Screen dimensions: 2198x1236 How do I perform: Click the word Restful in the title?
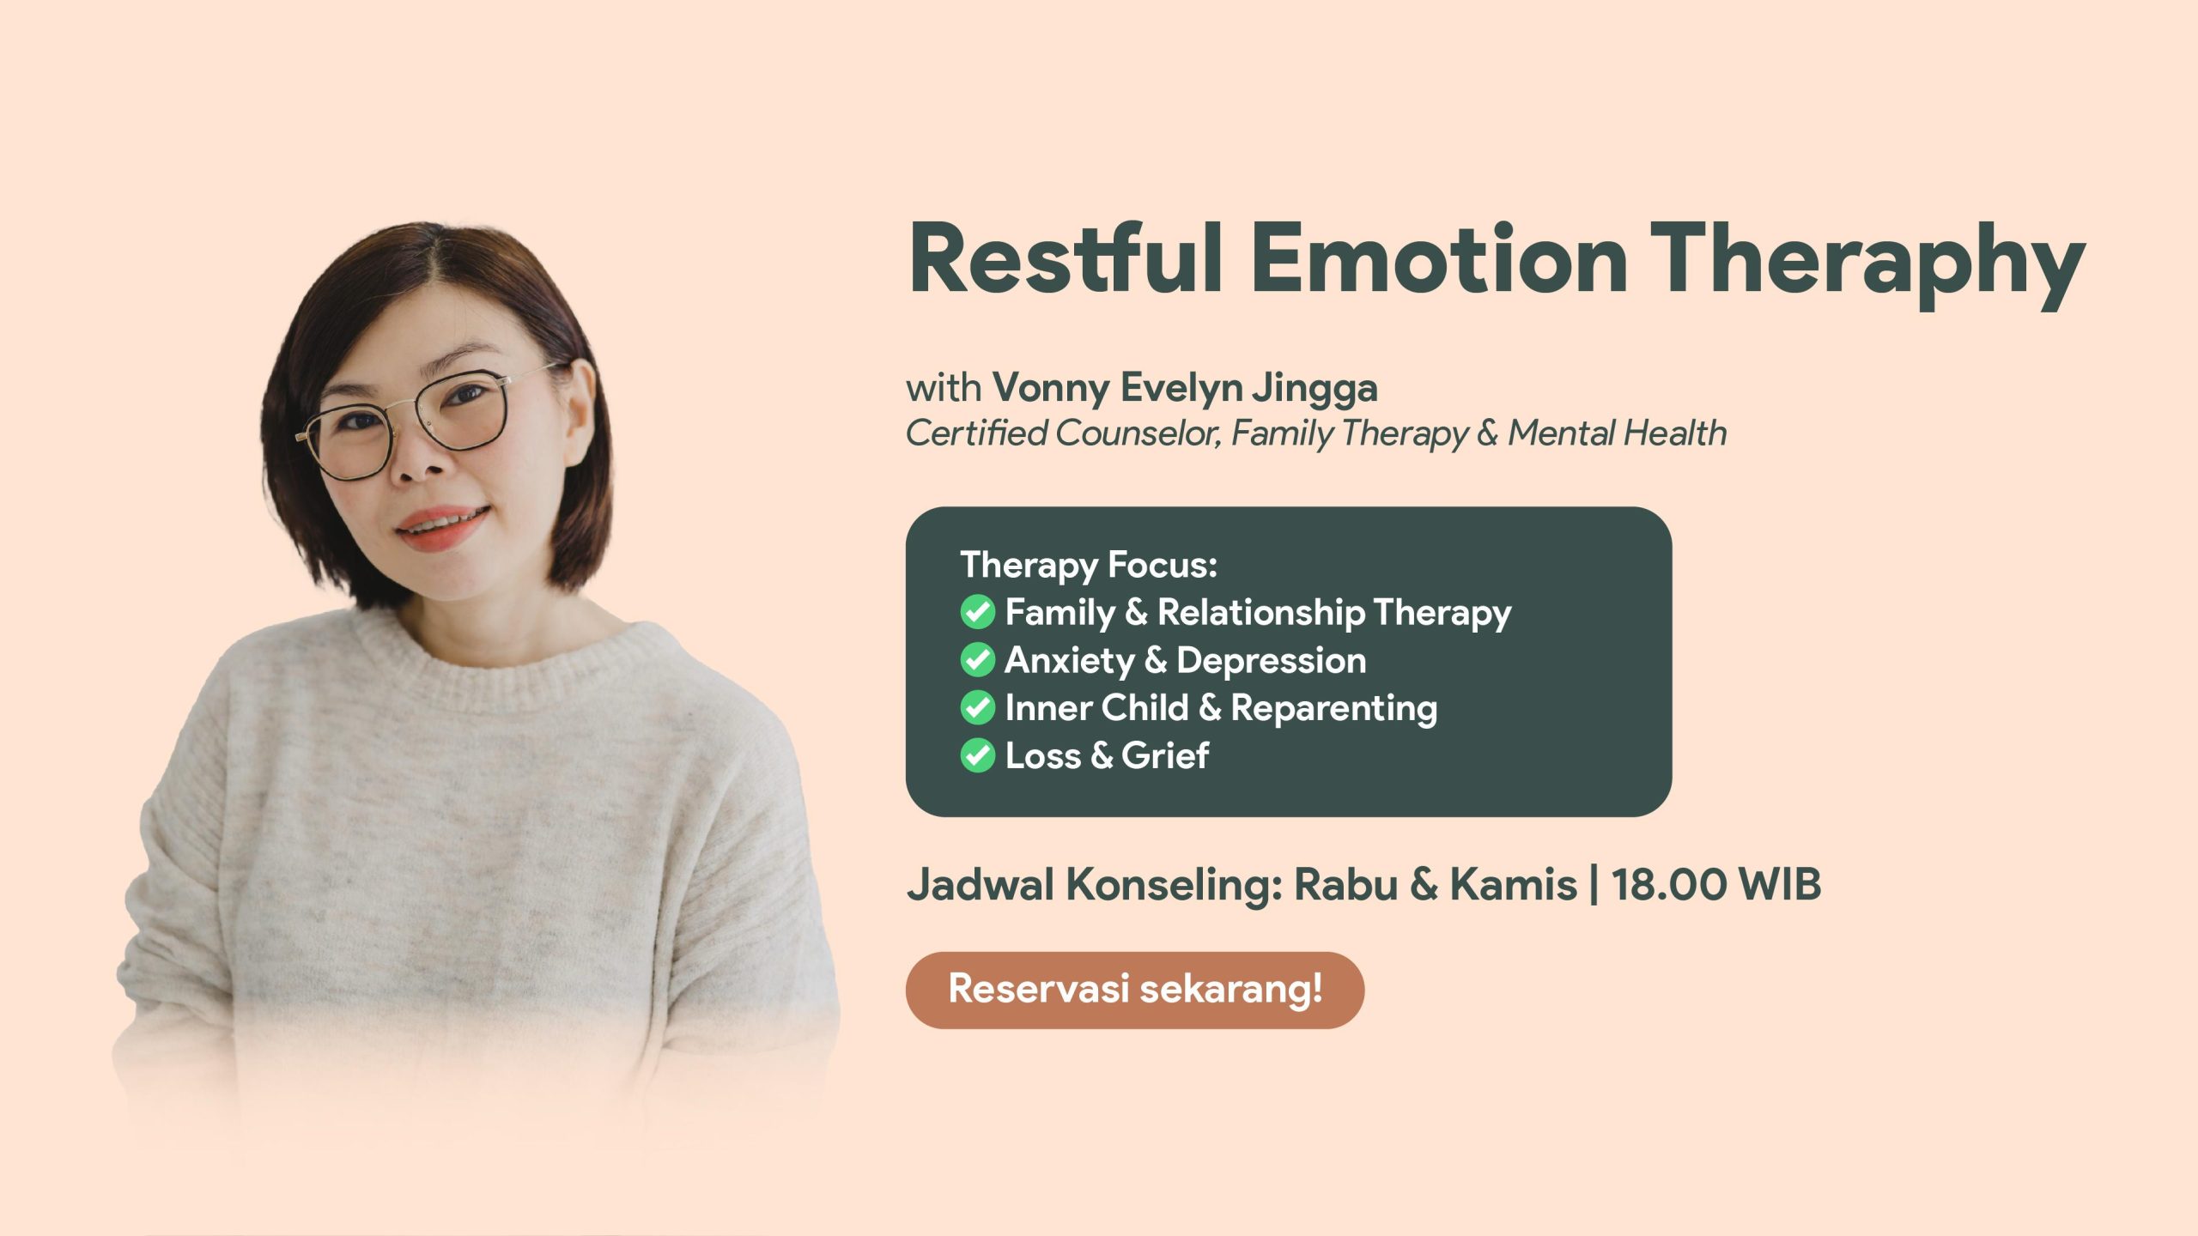pyautogui.click(x=1066, y=258)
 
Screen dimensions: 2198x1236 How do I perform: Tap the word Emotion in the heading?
pyautogui.click(x=1439, y=258)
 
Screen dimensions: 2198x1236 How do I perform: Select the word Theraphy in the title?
pyautogui.click(x=1868, y=264)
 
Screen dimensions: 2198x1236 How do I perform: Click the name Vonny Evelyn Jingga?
pyautogui.click(x=1185, y=388)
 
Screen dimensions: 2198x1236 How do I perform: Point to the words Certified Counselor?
pyautogui.click(x=1063, y=433)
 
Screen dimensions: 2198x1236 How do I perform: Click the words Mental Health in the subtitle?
pyautogui.click(x=1618, y=433)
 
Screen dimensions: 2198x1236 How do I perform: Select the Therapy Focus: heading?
pyautogui.click(x=1089, y=565)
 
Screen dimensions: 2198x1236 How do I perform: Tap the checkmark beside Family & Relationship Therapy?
pyautogui.click(x=977, y=612)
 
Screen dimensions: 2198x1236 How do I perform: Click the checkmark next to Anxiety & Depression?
pyautogui.click(x=977, y=660)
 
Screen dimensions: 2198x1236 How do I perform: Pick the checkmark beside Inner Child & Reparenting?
pyautogui.click(x=977, y=707)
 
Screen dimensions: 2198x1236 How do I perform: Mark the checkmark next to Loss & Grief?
pyautogui.click(x=977, y=755)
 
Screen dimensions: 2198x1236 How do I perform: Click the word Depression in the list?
pyautogui.click(x=1272, y=662)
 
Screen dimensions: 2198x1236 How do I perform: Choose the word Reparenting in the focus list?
pyautogui.click(x=1334, y=709)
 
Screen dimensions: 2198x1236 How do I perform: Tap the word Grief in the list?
pyautogui.click(x=1165, y=755)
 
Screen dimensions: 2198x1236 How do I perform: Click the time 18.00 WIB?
pyautogui.click(x=1716, y=884)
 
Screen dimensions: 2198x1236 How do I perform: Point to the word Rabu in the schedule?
pyautogui.click(x=1346, y=884)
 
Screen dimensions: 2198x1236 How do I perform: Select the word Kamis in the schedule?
pyautogui.click(x=1513, y=884)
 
